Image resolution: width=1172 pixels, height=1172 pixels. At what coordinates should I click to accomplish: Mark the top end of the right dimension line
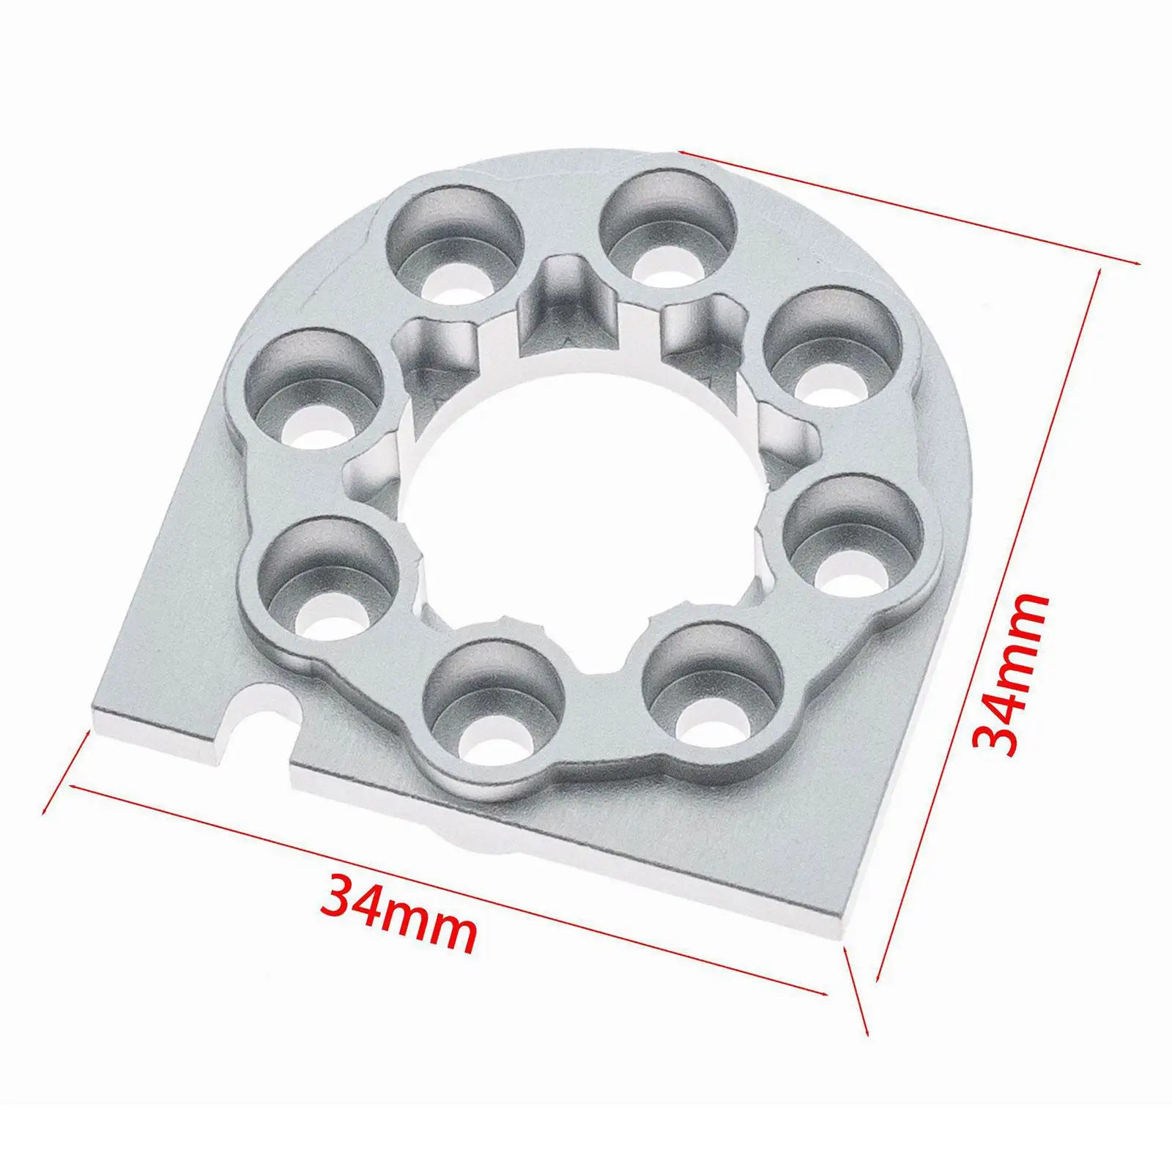1098,271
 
